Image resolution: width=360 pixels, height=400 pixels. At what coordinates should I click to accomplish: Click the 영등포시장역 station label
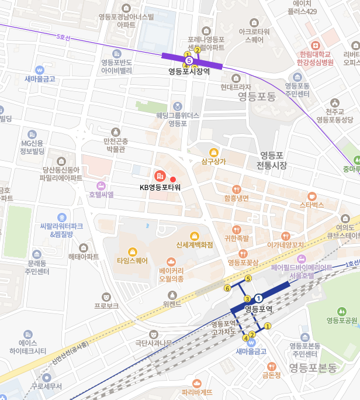[x=189, y=71]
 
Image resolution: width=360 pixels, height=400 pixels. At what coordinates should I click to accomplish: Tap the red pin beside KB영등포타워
[x=172, y=178]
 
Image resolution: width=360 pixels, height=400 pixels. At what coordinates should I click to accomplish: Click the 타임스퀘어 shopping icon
[x=132, y=251]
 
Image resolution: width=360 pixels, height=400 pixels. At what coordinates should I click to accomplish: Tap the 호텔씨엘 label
[x=101, y=195]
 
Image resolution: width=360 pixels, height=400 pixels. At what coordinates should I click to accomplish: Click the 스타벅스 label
[x=311, y=205]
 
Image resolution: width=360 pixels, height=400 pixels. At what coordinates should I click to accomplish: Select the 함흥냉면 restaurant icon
[x=236, y=189]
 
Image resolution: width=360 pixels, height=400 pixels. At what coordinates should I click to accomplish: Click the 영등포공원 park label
[x=341, y=320]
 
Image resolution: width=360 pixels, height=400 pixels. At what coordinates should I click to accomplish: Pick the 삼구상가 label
[x=213, y=161]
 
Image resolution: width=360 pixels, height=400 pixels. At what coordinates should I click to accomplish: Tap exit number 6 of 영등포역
[x=227, y=288]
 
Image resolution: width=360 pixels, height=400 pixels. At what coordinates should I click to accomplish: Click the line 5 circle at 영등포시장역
[x=189, y=60]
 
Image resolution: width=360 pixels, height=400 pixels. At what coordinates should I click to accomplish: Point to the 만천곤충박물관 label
[x=115, y=145]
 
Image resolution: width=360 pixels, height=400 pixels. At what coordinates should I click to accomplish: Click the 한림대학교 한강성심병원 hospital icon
[x=316, y=45]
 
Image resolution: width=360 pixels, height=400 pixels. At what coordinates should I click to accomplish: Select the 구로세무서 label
[x=47, y=386]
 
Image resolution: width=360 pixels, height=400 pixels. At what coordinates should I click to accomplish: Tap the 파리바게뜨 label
[x=197, y=392]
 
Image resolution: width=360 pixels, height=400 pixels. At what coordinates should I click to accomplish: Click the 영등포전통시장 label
[x=272, y=160]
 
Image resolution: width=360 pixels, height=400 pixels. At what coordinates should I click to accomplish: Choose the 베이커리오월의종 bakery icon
[x=171, y=261]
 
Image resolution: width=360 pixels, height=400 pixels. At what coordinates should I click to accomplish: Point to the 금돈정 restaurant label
[x=272, y=375]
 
